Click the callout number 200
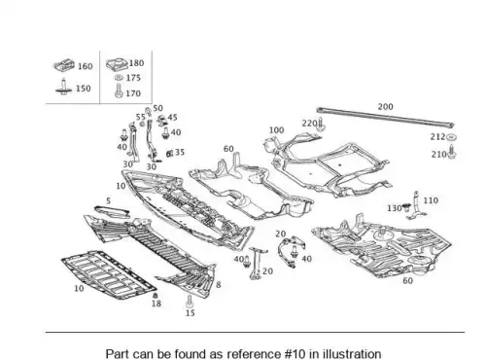(385, 107)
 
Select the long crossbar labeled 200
(385, 117)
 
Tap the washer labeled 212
(450, 138)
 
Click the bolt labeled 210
(452, 152)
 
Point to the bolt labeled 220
(321, 125)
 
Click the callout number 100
(276, 130)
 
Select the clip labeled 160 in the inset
(64, 65)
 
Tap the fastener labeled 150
(64, 87)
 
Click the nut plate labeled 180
(118, 64)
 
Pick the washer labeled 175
(119, 78)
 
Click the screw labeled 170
(119, 91)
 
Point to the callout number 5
(108, 201)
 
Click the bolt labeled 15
(190, 302)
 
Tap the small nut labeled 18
(155, 296)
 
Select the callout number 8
(219, 285)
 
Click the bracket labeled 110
(416, 205)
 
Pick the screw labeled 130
(407, 207)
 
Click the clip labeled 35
(169, 153)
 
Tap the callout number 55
(141, 117)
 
